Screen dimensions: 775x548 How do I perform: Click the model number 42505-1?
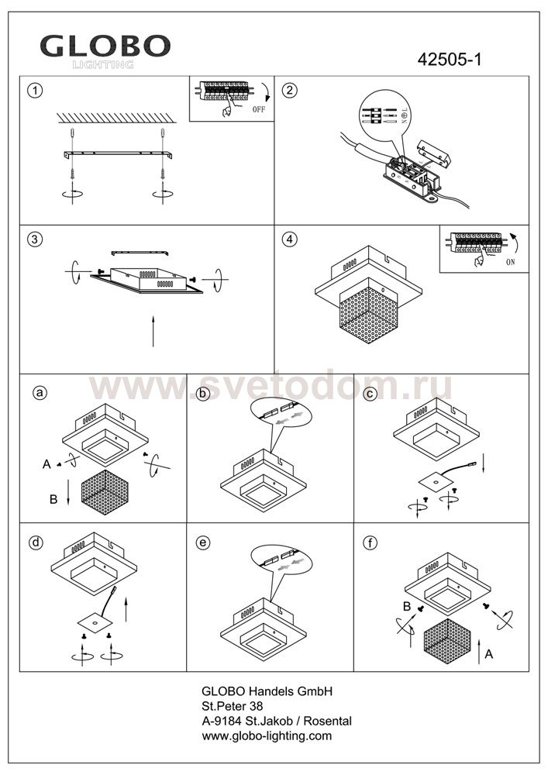coord(450,60)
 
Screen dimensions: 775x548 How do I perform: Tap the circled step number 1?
coord(33,90)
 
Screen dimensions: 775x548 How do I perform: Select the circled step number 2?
coord(291,90)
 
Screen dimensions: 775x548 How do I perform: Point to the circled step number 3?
coord(33,239)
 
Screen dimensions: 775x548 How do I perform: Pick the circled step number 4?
coord(291,239)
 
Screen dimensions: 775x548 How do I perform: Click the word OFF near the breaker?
coord(258,111)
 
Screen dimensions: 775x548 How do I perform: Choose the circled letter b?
coord(204,393)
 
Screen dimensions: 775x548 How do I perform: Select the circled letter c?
coord(371,393)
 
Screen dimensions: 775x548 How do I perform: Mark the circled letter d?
coord(35,542)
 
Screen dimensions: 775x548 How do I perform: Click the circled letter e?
coord(204,542)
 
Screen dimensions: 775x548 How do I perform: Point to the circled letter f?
coord(371,542)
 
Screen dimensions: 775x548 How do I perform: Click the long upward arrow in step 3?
coord(153,331)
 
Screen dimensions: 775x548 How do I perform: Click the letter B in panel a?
coord(53,500)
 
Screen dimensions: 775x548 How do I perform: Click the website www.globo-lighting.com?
coord(267,735)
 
